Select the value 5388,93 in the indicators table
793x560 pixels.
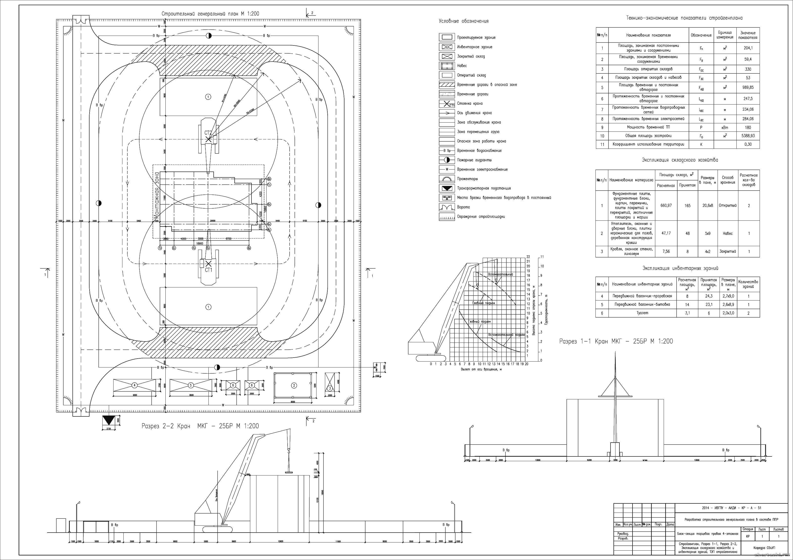pyautogui.click(x=748, y=136)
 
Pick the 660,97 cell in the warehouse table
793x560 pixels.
pyautogui.click(x=666, y=205)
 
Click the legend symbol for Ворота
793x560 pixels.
pyautogui.click(x=447, y=207)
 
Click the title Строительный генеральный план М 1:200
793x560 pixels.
pyautogui.click(x=210, y=14)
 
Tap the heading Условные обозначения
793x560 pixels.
pyautogui.click(x=463, y=21)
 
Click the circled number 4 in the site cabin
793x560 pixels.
pyautogui.click(x=135, y=385)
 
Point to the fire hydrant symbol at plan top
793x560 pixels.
pyautogui.click(x=209, y=36)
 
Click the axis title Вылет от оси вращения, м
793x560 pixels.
pyautogui.click(x=481, y=369)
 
